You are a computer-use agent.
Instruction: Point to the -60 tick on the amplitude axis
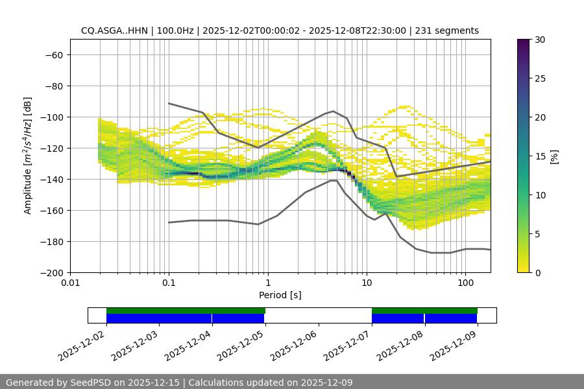[53, 55]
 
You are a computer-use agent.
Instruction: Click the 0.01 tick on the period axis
[70, 283]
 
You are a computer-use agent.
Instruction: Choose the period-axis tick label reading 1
[268, 283]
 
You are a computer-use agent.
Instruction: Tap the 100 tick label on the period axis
[465, 283]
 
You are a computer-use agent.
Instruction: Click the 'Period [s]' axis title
[280, 296]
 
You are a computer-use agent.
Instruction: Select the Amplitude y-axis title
[28, 156]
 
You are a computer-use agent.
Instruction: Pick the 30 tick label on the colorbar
[540, 40]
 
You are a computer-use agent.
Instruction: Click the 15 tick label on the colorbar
[540, 156]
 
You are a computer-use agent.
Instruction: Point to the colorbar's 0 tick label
[537, 273]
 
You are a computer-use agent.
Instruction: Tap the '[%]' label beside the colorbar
[555, 156]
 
